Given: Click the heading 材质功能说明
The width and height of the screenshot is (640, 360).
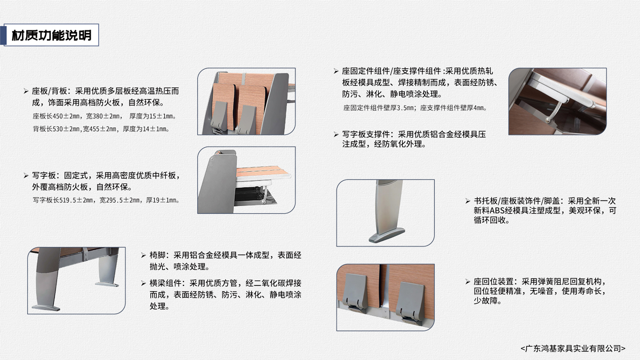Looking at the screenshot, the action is pos(52,35).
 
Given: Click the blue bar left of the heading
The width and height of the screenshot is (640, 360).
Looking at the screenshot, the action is pos(3,35).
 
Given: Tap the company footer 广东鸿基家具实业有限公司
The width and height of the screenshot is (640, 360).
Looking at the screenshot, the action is pos(573,348).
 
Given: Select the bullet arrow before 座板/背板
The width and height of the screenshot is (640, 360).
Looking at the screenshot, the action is pos(26,91).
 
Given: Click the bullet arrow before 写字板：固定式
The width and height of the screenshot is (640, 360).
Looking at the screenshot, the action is pos(26,175).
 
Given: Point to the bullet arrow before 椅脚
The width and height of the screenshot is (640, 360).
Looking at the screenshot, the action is pos(143,255).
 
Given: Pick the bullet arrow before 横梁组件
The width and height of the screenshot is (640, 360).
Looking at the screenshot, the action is pos(143,283).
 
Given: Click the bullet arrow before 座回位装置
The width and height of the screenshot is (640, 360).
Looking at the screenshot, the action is pos(468,282).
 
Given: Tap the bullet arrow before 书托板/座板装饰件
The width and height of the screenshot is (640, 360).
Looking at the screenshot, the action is pos(468,201).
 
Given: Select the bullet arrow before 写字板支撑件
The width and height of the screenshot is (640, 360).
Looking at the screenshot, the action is pos(337,134).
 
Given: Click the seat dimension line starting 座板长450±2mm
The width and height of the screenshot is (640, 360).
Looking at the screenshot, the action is pos(105,116).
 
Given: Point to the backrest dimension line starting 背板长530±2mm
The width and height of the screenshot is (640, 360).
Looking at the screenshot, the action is pos(101,129).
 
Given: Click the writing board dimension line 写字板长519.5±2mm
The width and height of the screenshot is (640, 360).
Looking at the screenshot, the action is pos(106,201).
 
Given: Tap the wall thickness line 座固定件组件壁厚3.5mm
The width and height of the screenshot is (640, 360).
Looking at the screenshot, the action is pos(415,108).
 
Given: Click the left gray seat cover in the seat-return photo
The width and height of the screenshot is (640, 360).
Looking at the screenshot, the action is pos(356,292).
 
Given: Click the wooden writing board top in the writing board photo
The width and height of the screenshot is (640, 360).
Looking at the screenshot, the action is pos(262,171).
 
